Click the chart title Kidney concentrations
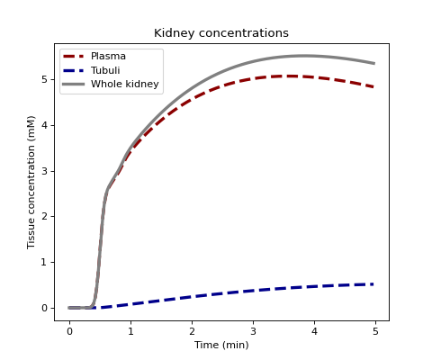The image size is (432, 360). (221, 33)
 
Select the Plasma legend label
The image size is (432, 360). (108, 56)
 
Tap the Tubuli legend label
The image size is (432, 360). (105, 70)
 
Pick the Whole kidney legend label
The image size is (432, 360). (125, 84)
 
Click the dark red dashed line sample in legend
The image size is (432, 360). (74, 57)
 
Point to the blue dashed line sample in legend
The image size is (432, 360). (74, 70)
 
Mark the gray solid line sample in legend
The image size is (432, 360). (74, 85)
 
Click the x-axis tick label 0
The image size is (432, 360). (69, 331)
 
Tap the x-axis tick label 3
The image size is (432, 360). (253, 331)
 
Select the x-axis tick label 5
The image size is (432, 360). (375, 331)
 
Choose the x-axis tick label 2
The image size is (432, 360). (192, 331)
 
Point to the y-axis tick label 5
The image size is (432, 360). (45, 79)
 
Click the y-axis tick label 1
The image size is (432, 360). (45, 262)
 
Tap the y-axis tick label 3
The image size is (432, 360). (45, 171)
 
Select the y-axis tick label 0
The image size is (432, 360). (45, 308)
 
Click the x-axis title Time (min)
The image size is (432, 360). (221, 345)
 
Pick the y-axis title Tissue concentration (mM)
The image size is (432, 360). (31, 182)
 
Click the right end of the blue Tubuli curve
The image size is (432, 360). (373, 284)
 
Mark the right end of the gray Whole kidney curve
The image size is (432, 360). (374, 63)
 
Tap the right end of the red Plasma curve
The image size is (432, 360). (373, 87)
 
